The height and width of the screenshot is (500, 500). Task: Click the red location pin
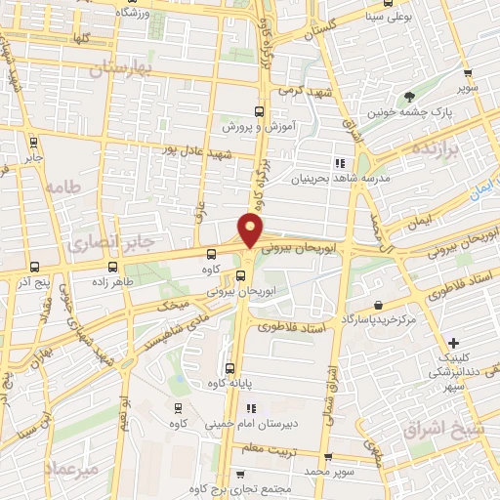(x=251, y=230)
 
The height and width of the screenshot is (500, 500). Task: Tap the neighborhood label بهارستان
(x=122, y=68)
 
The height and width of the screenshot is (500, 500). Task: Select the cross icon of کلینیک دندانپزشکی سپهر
(x=452, y=343)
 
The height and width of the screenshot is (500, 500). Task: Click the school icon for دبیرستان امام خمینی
(x=250, y=409)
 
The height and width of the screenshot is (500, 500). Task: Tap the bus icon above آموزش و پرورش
(x=259, y=110)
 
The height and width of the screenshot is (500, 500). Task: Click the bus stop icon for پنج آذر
(x=35, y=266)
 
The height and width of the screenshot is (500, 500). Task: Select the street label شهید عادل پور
(x=200, y=154)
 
